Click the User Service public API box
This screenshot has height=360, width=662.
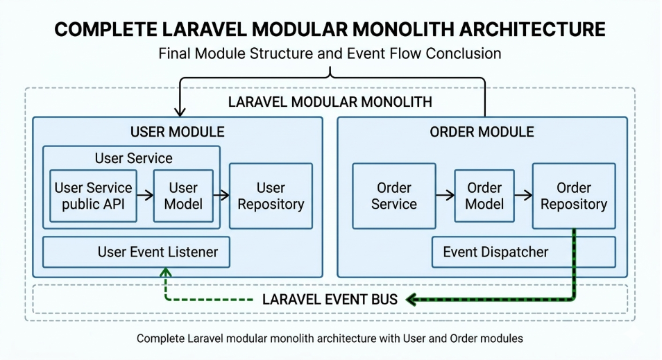pos(93,196)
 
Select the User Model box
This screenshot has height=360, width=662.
pos(183,196)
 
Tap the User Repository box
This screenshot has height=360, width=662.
pos(271,196)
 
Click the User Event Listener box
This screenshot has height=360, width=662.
pos(136,252)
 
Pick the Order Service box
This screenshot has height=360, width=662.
pos(394,196)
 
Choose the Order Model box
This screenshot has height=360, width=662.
pos(484,196)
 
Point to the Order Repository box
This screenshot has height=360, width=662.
pos(574,196)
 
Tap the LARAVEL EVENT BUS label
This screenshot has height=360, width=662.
pos(330,300)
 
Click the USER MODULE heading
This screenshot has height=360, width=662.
pos(178,132)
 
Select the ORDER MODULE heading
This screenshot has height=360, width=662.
pos(482,132)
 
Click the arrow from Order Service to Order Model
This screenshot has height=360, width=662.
pos(445,196)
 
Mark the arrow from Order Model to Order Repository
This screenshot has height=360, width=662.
pos(523,196)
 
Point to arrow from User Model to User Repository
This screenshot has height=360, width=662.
pos(221,196)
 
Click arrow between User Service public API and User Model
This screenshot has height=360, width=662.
pos(144,196)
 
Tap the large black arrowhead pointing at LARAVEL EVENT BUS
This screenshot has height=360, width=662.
pos(411,300)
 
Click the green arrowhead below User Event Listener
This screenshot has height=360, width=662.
pos(165,273)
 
